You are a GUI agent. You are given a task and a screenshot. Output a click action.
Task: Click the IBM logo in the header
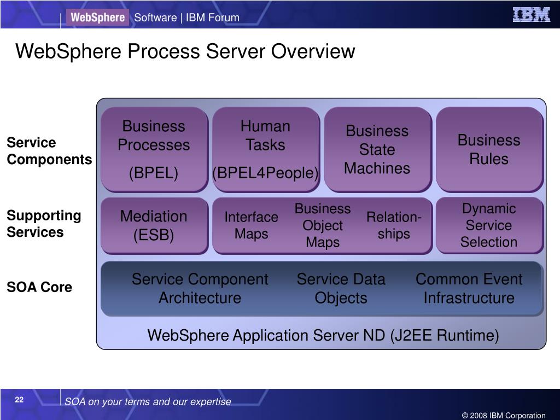[531, 15]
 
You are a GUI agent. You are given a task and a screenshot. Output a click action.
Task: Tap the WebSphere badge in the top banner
[98, 17]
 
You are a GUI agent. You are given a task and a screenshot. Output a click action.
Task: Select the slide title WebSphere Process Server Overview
[185, 52]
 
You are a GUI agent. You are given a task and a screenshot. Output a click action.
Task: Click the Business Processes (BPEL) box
[154, 149]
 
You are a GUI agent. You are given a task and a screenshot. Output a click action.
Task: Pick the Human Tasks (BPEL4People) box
[266, 149]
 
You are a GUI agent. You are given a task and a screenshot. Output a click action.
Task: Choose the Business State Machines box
[377, 149]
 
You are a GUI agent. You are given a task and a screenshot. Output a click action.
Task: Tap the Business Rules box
[489, 149]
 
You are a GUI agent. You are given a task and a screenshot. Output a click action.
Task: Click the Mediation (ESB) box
[154, 225]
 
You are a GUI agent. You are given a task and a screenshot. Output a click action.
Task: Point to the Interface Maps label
[252, 225]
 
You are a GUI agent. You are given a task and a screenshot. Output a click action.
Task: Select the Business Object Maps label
[323, 225]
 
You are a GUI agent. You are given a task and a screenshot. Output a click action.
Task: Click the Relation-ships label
[394, 225]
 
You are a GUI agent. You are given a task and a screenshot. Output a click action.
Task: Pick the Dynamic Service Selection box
[489, 225]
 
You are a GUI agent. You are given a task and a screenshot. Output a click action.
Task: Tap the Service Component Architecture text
[200, 289]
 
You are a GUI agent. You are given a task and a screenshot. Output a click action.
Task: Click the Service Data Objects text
[341, 289]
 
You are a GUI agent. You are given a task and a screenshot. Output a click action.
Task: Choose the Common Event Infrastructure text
[469, 289]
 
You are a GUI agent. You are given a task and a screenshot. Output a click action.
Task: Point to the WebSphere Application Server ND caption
[323, 335]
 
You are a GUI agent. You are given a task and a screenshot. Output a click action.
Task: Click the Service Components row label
[49, 151]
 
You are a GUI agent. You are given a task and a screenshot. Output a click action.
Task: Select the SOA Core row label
[39, 287]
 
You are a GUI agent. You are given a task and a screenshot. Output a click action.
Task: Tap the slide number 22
[19, 400]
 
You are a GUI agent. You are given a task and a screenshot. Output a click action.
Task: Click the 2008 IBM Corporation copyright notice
[504, 416]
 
